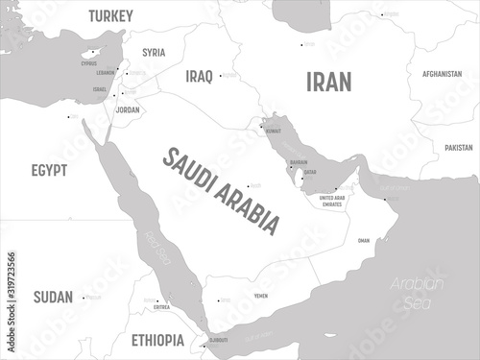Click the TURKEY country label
point(110,15)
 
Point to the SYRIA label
point(153,52)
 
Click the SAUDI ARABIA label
point(222,189)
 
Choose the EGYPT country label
point(48,170)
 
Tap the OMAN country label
point(362,241)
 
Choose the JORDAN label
point(127,109)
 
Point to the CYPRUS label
point(89,63)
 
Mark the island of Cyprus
point(92,54)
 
